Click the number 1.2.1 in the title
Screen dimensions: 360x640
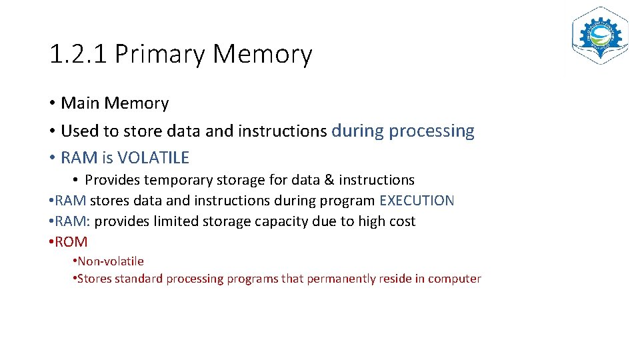78,54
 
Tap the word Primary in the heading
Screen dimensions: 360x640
160,55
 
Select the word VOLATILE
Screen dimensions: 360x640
153,158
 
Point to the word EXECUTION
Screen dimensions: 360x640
417,201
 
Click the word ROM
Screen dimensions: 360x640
71,242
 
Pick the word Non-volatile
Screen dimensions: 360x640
111,261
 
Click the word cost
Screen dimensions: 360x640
401,221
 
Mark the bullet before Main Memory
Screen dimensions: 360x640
51,104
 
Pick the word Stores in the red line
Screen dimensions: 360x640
95,279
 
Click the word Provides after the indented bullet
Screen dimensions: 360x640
112,180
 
